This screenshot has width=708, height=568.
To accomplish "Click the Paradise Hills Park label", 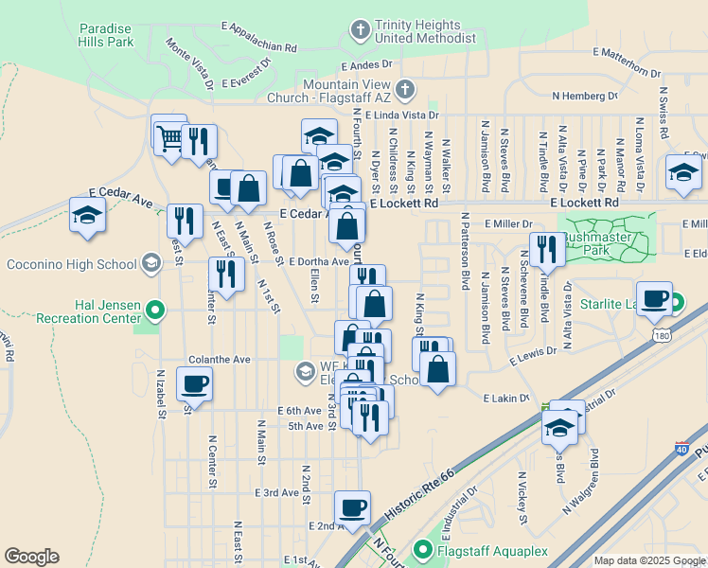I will (x=120, y=36).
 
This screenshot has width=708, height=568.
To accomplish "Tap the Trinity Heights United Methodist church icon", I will (x=360, y=31).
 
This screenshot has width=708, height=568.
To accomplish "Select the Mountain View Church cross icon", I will (x=404, y=91).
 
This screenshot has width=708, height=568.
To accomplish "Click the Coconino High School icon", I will (x=150, y=263).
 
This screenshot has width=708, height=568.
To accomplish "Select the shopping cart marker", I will (x=169, y=137).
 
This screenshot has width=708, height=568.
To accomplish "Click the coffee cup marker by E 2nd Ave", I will (x=352, y=507).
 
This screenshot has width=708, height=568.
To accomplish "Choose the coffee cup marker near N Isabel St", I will (x=194, y=383).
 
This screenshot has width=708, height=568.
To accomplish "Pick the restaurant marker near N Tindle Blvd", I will (x=547, y=249).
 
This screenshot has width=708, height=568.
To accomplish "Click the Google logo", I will (x=32, y=557).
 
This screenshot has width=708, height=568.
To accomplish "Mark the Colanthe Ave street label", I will (x=219, y=360).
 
